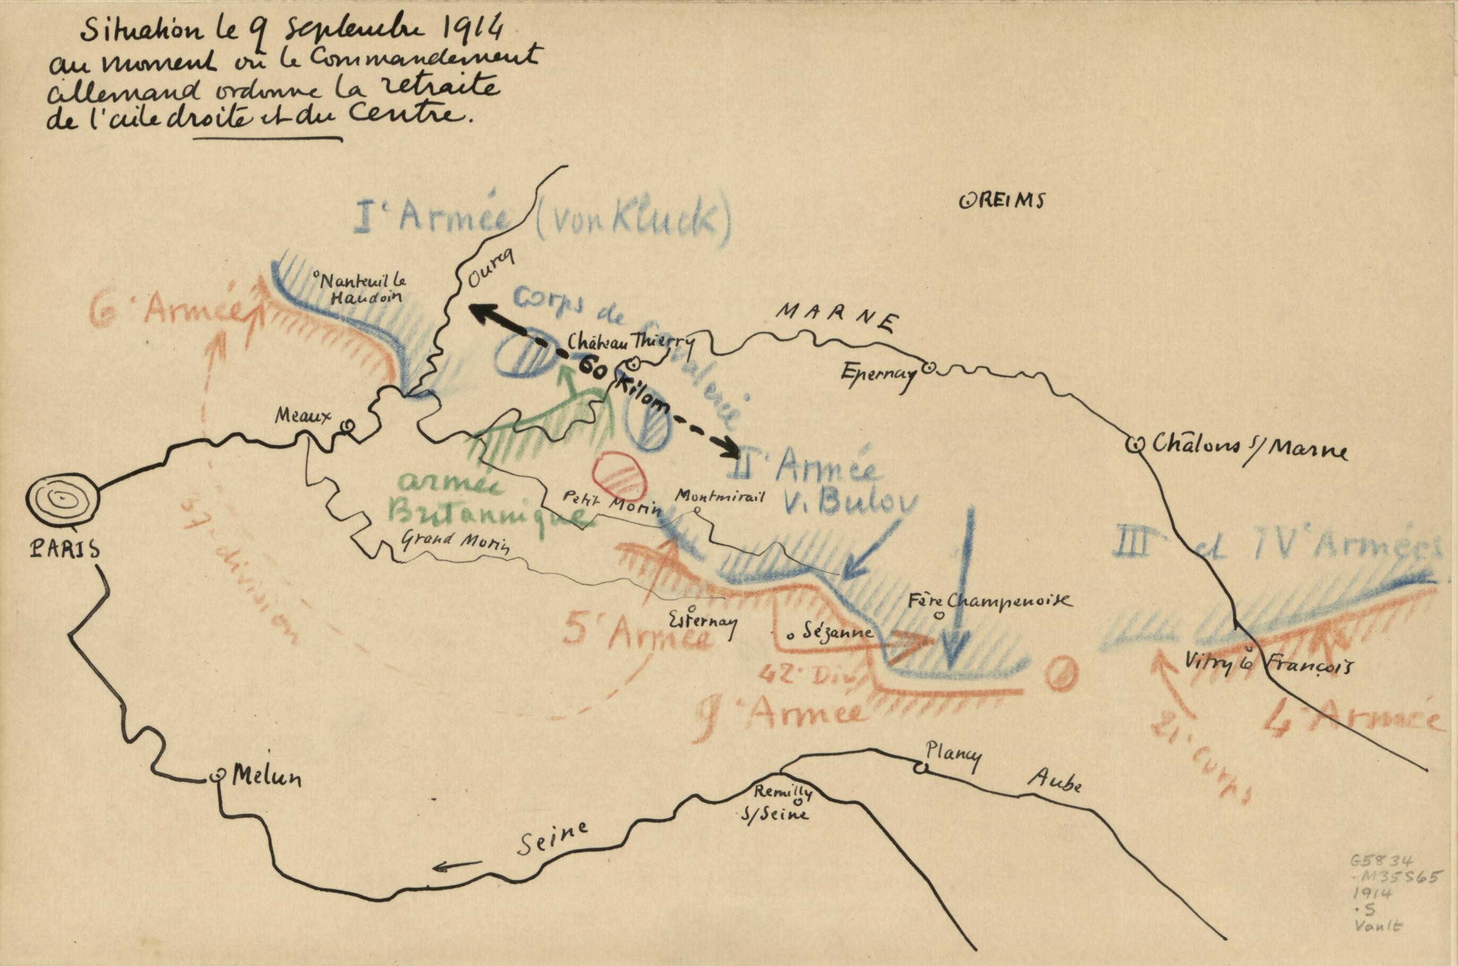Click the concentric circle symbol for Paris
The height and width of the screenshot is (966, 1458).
62,499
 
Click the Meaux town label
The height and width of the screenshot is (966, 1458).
303,415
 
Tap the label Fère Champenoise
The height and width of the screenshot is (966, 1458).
990,602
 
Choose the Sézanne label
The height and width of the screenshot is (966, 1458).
834,632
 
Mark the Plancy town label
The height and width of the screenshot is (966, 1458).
952,756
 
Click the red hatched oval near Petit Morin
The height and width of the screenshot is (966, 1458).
619,476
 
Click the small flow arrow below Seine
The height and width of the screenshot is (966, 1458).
457,866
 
